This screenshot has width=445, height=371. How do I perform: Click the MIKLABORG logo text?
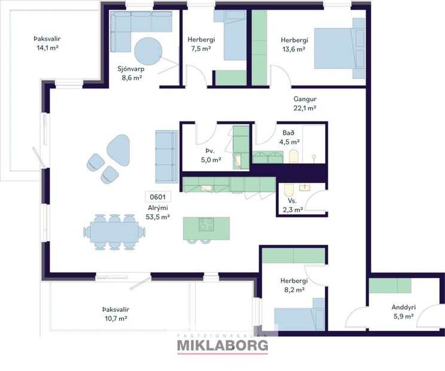point(222,345)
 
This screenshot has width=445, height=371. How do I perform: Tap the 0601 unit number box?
point(157,197)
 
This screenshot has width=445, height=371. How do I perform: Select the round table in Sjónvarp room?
point(147,51)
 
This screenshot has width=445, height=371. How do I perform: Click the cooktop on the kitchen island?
point(207,225)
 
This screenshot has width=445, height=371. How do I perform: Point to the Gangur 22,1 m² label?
point(304,104)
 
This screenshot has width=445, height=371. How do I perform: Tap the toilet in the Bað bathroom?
point(293,157)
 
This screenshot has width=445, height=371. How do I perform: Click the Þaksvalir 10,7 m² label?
point(115,314)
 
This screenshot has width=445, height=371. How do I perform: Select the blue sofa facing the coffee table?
point(166,156)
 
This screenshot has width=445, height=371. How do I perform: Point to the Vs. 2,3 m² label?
point(292,205)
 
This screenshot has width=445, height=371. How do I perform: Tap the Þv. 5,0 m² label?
point(211,156)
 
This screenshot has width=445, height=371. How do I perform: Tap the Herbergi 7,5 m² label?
point(200,44)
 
